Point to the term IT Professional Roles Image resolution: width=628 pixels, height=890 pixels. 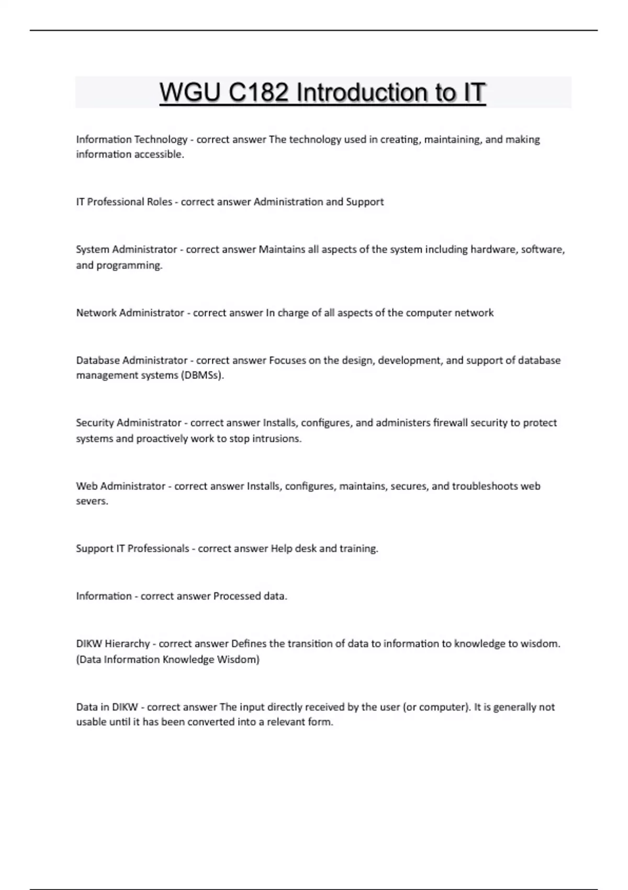pos(124,202)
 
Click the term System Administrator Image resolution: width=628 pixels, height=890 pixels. pos(127,250)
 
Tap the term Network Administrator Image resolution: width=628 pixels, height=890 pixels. pos(130,313)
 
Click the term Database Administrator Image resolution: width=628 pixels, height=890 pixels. pos(131,360)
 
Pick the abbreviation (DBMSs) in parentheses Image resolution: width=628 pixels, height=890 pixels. pos(202,375)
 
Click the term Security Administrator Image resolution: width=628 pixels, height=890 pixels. pos(128,423)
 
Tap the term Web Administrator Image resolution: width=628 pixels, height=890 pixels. pos(120,486)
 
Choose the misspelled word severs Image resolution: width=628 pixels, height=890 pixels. pos(92,502)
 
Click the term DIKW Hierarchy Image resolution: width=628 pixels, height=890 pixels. pos(113,644)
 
